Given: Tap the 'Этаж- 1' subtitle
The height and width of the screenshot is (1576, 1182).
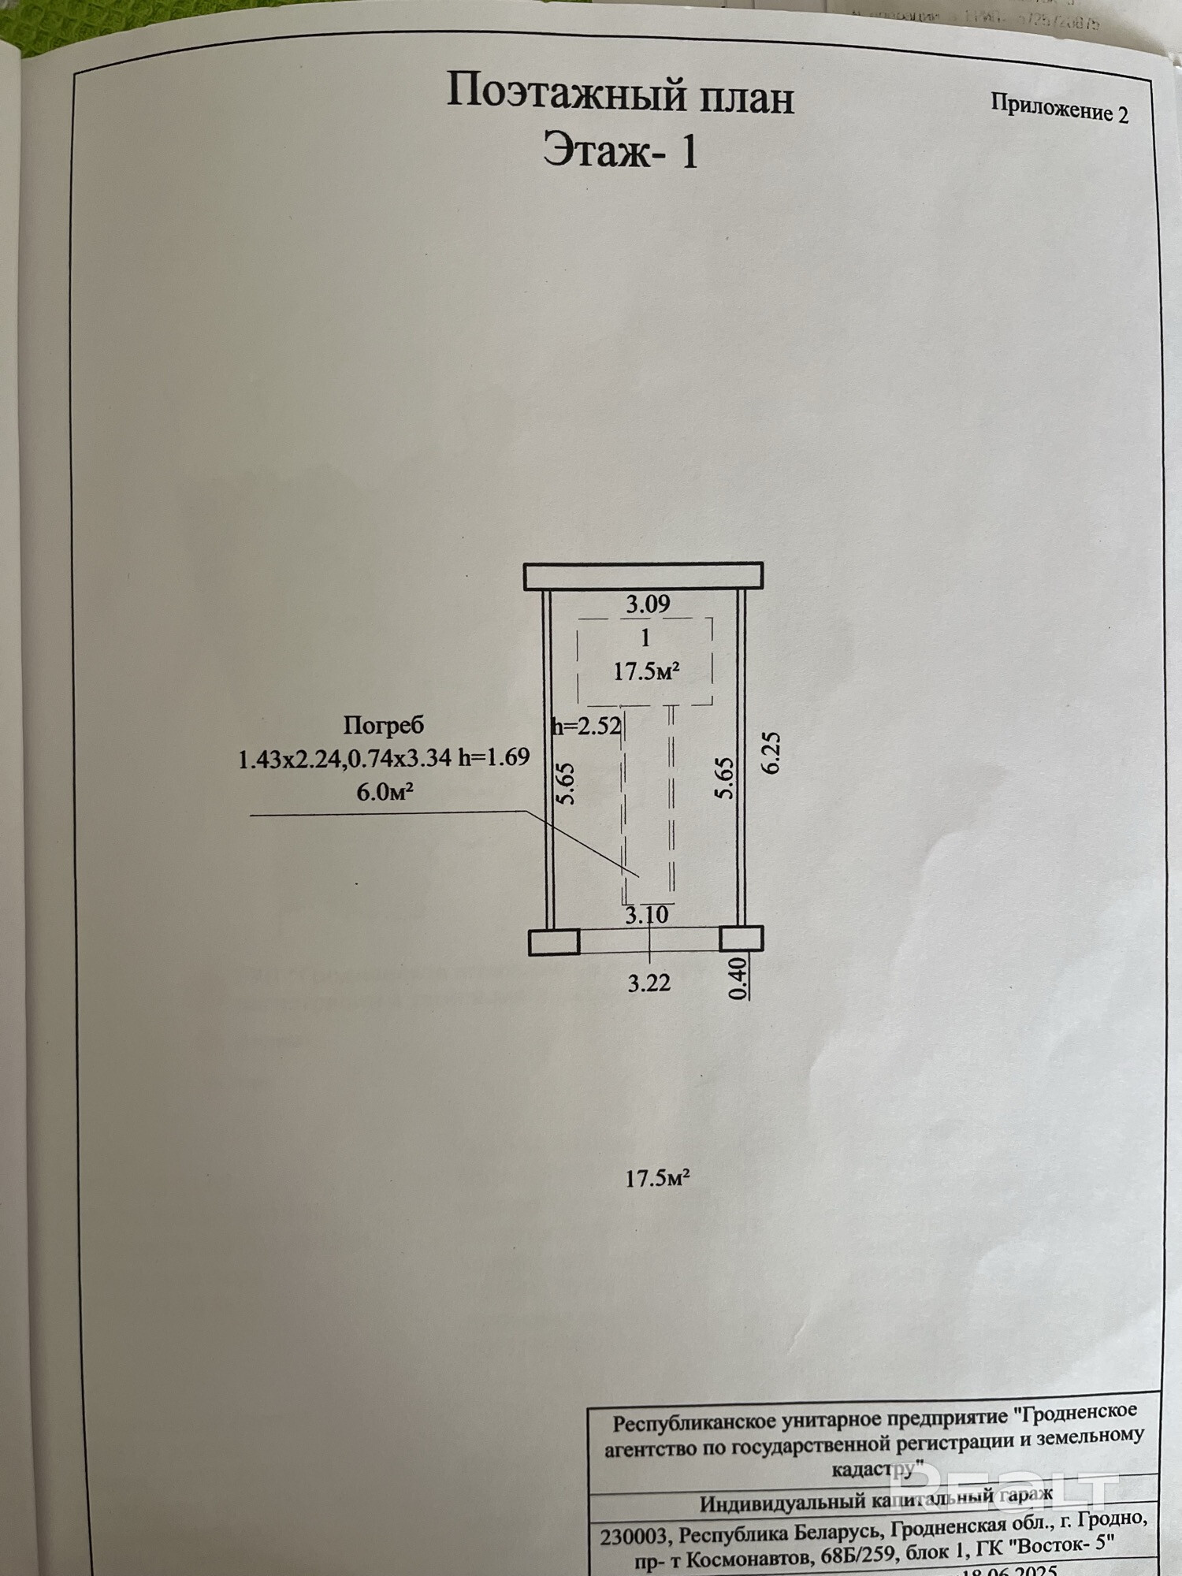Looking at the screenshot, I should (x=620, y=151).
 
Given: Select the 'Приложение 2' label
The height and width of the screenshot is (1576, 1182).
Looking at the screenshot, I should (x=1059, y=109).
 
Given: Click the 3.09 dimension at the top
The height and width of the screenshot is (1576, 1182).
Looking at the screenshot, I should (x=648, y=604).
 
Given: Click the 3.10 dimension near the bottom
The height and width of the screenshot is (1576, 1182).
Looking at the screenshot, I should (x=647, y=915).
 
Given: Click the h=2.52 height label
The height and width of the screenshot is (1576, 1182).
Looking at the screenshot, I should (x=586, y=725).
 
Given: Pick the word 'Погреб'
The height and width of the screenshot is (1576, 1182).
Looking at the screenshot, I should (x=384, y=724).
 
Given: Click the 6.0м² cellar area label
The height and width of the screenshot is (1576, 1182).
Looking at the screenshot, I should (x=385, y=792).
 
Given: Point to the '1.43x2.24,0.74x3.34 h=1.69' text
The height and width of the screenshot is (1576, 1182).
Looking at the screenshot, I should (x=384, y=758).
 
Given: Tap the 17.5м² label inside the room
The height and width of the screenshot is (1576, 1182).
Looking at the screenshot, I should (x=646, y=672).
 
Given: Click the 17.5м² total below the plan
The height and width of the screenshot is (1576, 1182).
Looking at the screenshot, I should (x=658, y=1178).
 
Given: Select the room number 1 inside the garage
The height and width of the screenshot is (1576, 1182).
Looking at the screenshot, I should (x=645, y=637).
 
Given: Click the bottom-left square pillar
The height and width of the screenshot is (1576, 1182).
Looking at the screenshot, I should (x=553, y=942).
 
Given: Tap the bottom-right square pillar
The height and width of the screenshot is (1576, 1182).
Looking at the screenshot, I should (x=741, y=939).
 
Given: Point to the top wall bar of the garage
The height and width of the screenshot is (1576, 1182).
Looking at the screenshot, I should (x=644, y=576).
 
